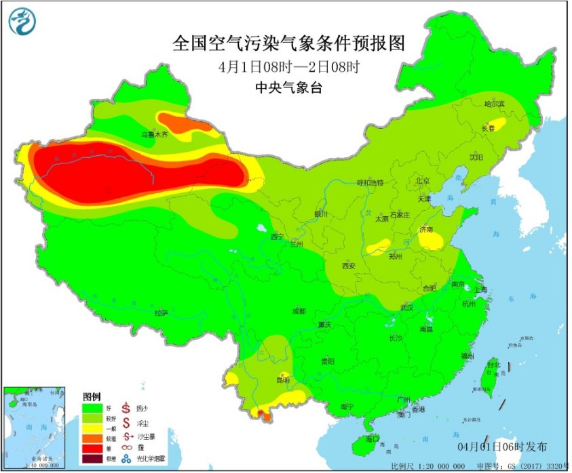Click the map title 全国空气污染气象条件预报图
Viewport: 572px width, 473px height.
point(288,44)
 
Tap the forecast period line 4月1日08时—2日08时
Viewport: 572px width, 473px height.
point(288,67)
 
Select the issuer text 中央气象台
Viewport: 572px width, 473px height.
point(288,87)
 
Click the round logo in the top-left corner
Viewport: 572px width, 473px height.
point(22,22)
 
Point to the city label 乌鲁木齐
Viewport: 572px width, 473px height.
point(153,135)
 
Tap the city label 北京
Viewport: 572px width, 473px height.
point(423,181)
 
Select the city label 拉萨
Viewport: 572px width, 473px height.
point(161,312)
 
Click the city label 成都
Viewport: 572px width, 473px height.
point(299,311)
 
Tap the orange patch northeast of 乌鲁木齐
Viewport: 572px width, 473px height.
point(182,121)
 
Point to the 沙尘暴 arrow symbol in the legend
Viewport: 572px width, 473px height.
point(126,434)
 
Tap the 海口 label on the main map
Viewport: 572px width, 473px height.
point(373,438)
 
